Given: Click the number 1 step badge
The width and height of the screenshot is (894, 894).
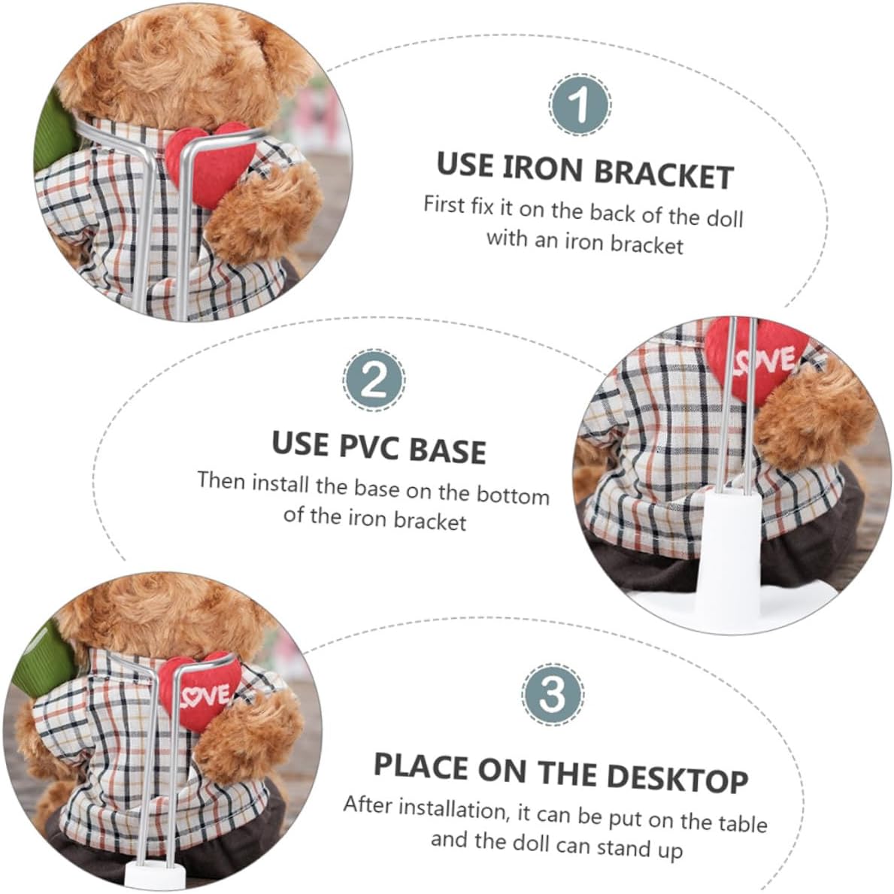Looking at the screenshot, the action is [580, 105].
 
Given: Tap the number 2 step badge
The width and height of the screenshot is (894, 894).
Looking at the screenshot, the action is [374, 380].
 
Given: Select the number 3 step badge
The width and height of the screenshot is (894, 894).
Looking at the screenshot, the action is [552, 694].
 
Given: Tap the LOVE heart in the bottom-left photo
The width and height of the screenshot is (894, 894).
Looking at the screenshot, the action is [199, 690].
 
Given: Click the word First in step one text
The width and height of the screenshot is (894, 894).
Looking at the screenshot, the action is [444, 205].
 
